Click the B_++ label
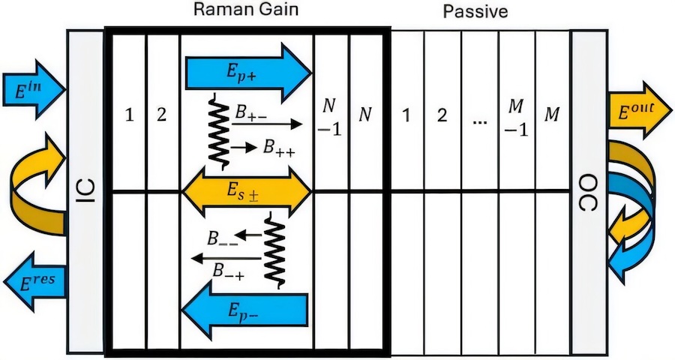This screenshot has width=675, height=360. click(277, 148)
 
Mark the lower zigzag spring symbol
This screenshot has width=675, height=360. click(274, 248)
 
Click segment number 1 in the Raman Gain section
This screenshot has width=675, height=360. click(129, 115)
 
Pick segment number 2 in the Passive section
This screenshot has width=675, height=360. click(442, 115)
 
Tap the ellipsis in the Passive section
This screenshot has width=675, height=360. click(480, 117)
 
